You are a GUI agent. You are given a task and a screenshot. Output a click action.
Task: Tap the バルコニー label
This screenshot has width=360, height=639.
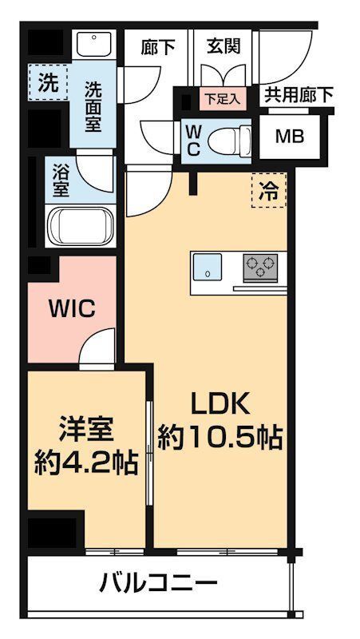click(x=159, y=583)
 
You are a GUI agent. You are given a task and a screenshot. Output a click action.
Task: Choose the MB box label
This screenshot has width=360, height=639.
click(x=290, y=136)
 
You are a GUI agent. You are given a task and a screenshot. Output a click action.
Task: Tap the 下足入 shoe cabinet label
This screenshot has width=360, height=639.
click(x=217, y=99)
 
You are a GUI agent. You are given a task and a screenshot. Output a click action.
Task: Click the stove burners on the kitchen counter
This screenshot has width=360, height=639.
click(x=260, y=266)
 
